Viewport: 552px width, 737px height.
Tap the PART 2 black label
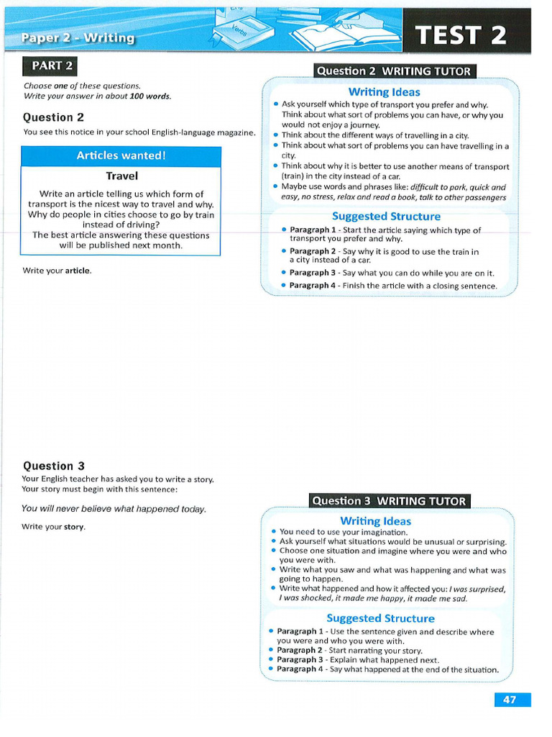50,66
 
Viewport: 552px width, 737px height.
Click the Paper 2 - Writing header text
78,38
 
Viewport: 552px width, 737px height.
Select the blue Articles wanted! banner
121,155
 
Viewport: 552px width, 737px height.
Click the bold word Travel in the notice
121,176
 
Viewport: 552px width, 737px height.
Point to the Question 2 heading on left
53,117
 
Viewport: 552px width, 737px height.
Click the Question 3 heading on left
53,466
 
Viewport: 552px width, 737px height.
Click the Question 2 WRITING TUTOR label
394,71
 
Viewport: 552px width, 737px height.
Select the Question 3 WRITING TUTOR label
389,501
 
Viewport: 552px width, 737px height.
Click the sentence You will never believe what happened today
114,509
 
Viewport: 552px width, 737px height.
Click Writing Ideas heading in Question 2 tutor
384,92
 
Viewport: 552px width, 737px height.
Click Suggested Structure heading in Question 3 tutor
380,618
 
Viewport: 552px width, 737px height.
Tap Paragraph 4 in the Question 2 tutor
312,286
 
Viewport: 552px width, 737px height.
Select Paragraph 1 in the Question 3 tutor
300,632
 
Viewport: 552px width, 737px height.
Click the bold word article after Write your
78,271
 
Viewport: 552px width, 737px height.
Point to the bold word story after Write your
75,527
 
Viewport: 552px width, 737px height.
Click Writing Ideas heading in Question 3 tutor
375,521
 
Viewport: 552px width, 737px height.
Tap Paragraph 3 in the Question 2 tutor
312,273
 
